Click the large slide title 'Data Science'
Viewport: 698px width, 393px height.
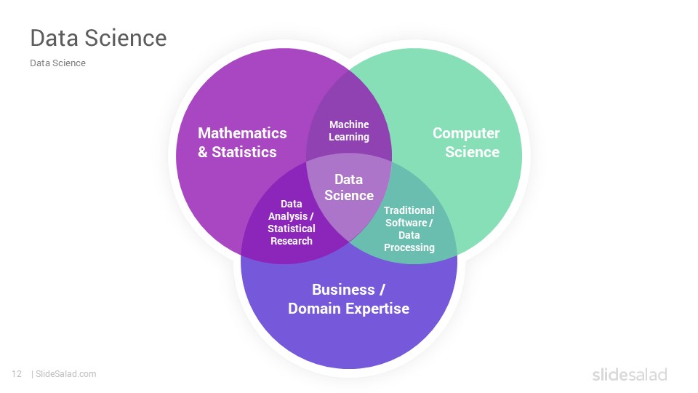(x=98, y=38)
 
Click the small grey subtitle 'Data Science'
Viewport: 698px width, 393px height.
(x=58, y=63)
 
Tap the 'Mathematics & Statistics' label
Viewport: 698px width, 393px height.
(x=242, y=143)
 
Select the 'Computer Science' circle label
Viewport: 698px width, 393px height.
(x=466, y=143)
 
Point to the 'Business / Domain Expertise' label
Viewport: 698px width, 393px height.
(x=348, y=299)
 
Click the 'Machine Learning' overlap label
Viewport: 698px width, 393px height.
(x=349, y=130)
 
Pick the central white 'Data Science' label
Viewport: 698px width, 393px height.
(x=349, y=187)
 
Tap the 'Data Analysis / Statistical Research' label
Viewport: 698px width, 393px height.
(x=292, y=223)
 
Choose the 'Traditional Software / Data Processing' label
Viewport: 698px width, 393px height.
(x=409, y=229)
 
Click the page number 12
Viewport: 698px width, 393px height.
(x=17, y=374)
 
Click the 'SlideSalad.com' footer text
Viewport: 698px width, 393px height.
(x=66, y=374)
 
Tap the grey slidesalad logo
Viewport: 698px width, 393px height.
(x=630, y=374)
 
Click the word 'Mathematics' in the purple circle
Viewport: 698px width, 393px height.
(x=242, y=133)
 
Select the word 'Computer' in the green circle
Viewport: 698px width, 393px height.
(x=466, y=133)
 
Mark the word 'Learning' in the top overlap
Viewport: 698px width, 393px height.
(x=349, y=138)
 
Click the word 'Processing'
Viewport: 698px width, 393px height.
(x=409, y=247)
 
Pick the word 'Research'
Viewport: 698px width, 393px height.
(x=292, y=241)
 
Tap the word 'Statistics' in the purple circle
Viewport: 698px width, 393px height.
(x=244, y=152)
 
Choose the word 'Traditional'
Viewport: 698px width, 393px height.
(x=409, y=210)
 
